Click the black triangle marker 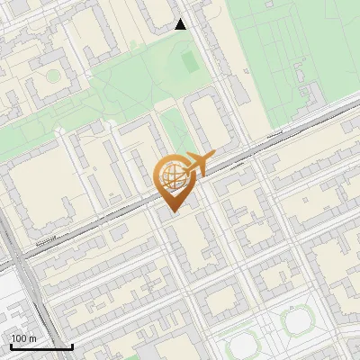point(181,24)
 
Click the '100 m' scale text point(23,338)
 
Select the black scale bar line point(40,346)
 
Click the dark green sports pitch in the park point(189,62)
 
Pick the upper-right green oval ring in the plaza point(296,321)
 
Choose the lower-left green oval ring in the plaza point(240,347)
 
